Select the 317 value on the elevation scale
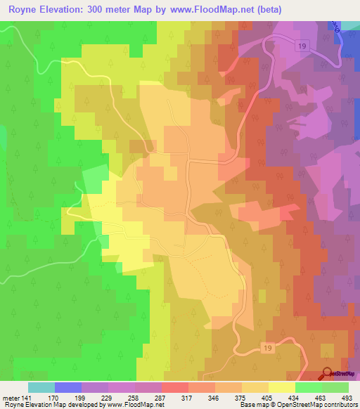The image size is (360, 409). (x=188, y=396)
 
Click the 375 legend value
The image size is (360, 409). (x=241, y=396)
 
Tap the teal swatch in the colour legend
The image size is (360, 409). (x=41, y=387)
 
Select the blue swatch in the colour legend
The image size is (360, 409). (x=68, y=387)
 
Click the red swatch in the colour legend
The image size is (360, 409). (x=175, y=387)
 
